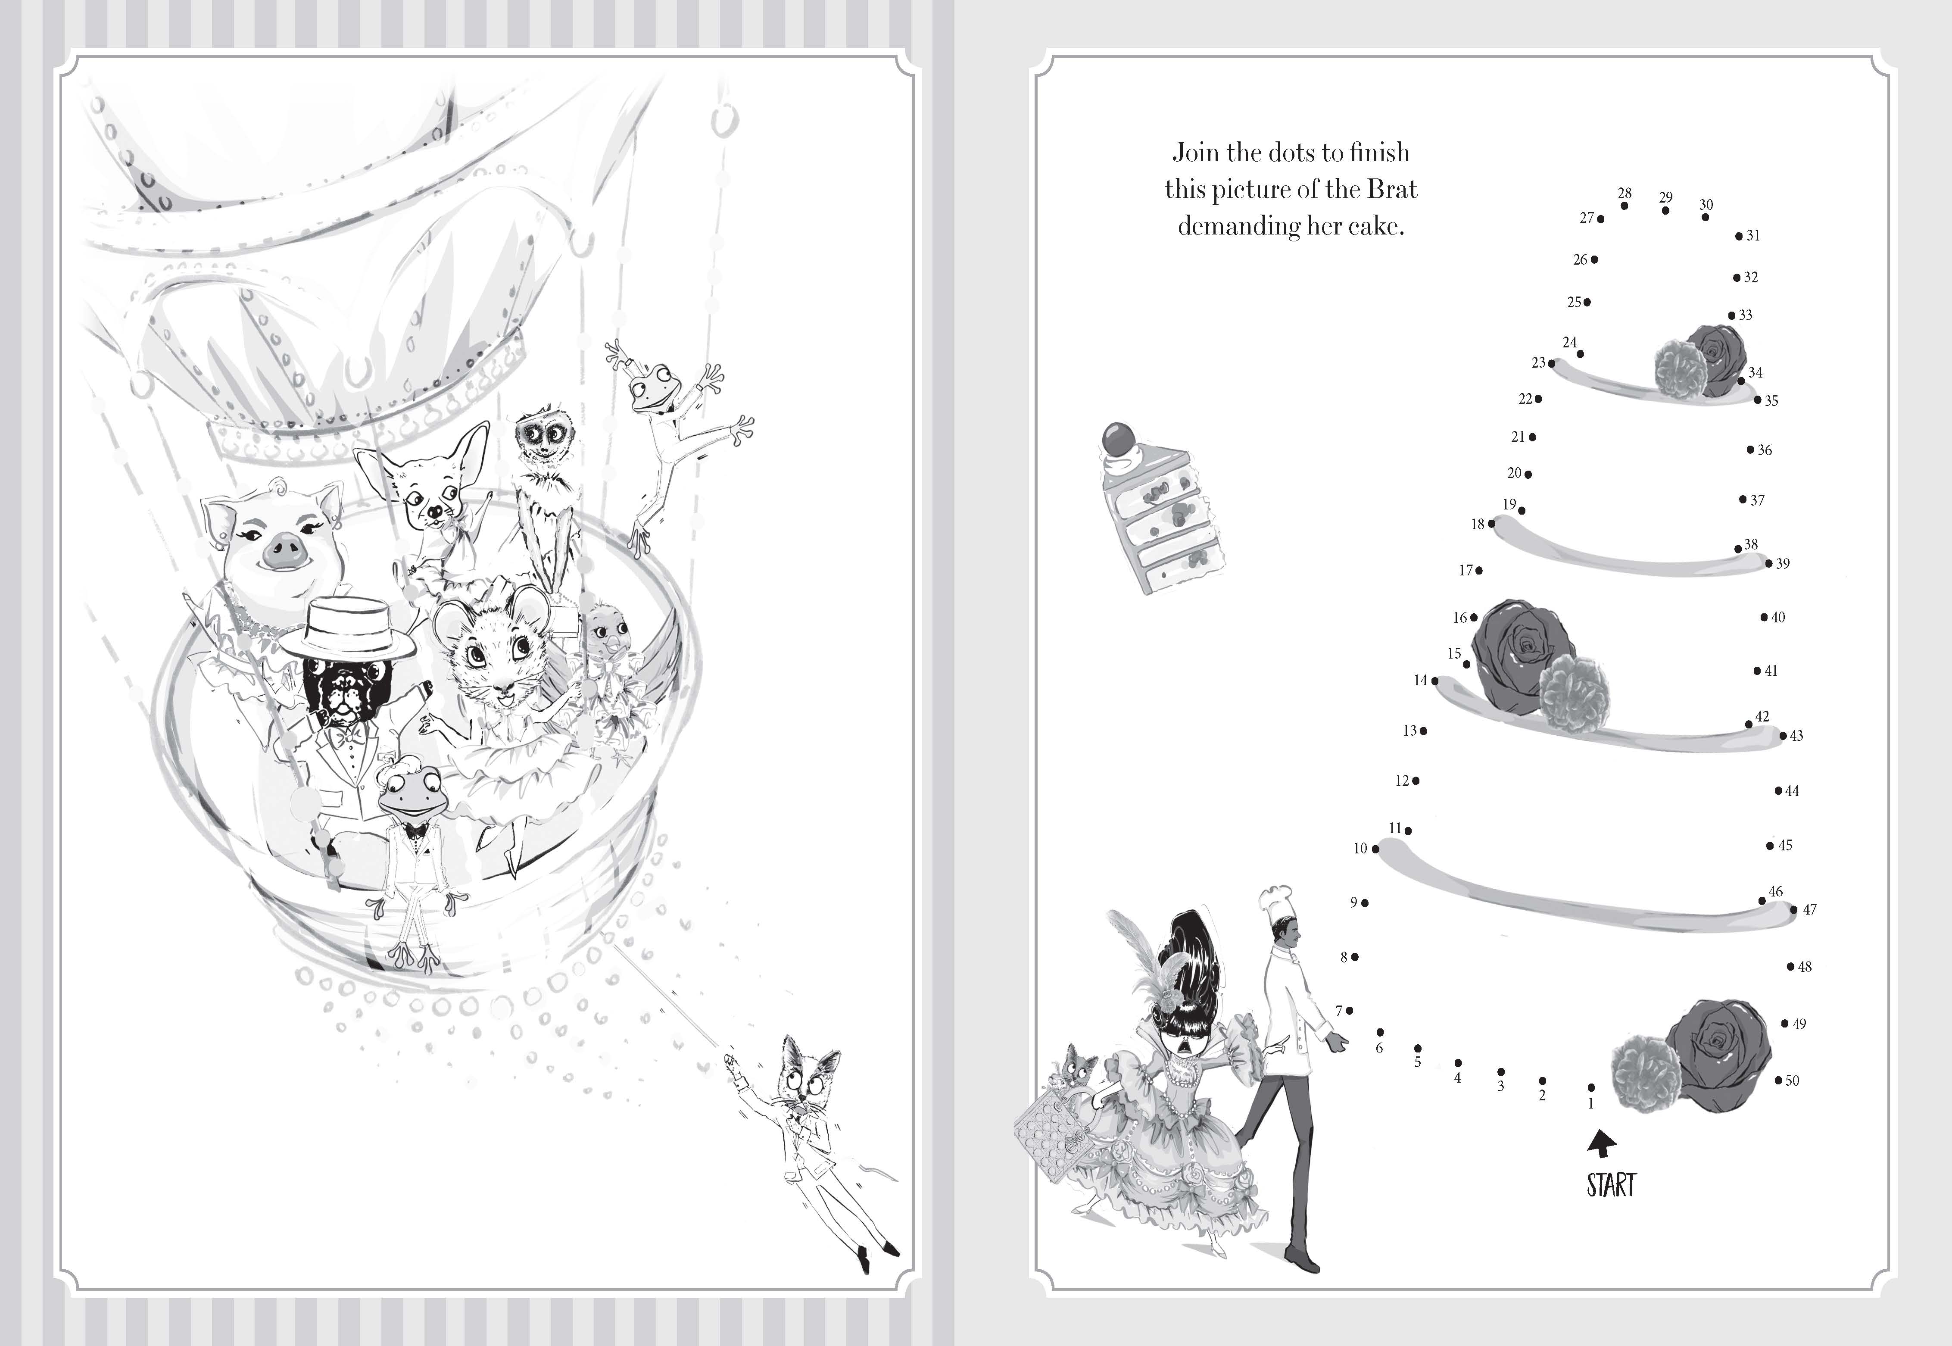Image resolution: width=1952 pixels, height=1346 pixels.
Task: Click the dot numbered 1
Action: [1591, 1088]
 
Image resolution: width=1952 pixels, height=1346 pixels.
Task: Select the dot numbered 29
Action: [1665, 210]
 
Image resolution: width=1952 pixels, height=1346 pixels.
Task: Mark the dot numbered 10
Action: [1375, 849]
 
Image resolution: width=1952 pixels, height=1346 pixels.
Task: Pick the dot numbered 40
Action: [1763, 617]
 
